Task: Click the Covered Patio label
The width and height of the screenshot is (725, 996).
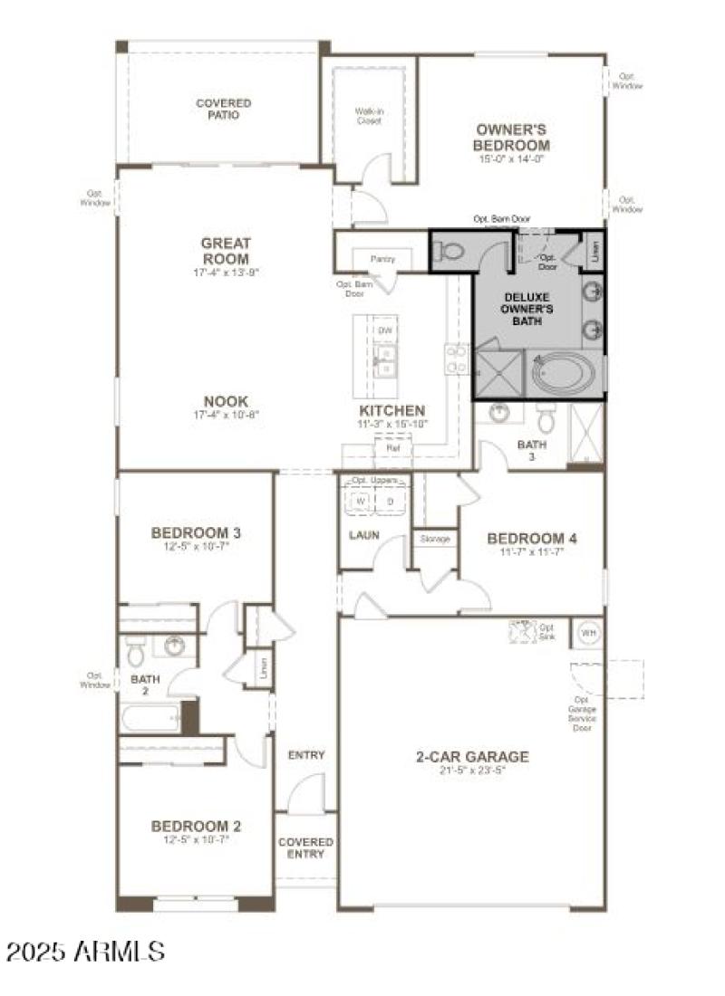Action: (x=223, y=110)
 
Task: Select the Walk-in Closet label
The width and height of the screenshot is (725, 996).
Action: (x=368, y=115)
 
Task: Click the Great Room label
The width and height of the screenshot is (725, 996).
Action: (x=226, y=251)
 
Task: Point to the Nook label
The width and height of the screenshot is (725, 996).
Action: (x=226, y=401)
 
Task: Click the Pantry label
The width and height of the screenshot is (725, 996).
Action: (x=382, y=259)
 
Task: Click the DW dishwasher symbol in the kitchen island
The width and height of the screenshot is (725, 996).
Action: (x=385, y=330)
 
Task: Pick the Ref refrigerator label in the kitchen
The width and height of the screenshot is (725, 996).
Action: (x=392, y=447)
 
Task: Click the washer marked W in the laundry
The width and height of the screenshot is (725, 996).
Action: (x=360, y=501)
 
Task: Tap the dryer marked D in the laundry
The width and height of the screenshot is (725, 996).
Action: (x=391, y=501)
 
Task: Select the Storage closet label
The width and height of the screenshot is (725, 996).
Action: (x=435, y=539)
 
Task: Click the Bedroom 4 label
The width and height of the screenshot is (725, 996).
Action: (x=532, y=538)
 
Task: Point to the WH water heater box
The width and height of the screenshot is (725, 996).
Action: (x=586, y=632)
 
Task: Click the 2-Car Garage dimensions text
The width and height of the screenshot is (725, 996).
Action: (x=471, y=771)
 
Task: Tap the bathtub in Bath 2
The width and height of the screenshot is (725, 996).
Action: (x=151, y=718)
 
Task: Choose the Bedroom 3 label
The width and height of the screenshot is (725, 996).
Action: (x=196, y=532)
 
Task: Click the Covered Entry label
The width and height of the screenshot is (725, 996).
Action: (x=305, y=848)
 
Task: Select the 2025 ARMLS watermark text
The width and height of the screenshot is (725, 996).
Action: (x=86, y=951)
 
